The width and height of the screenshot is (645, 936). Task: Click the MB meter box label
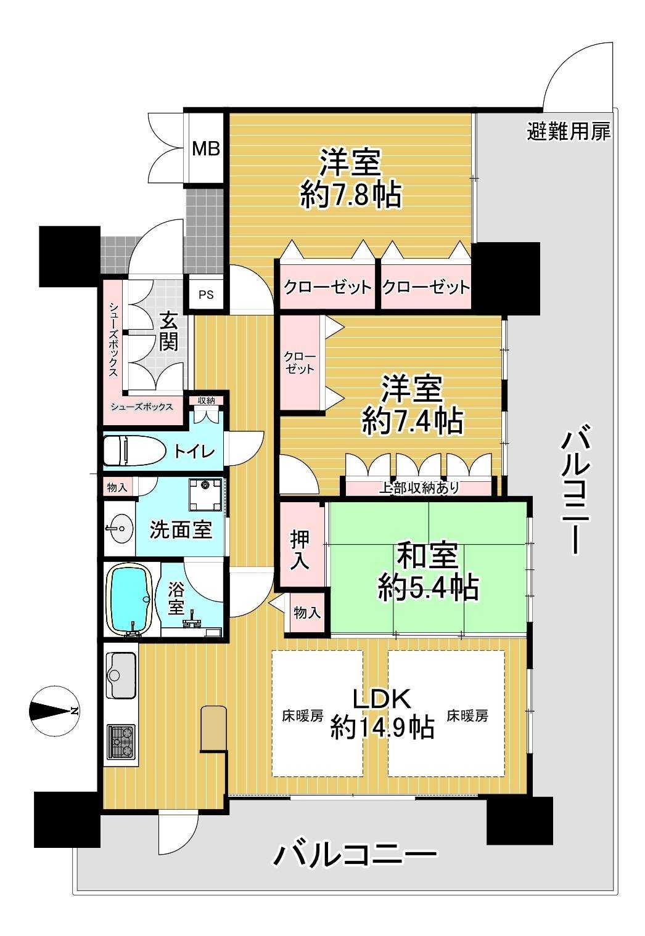coord(206,149)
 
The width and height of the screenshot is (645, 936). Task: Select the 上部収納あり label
coord(419,487)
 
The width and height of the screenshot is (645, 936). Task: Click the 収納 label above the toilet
coord(206,401)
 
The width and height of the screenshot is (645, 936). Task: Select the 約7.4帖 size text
coord(413,421)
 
